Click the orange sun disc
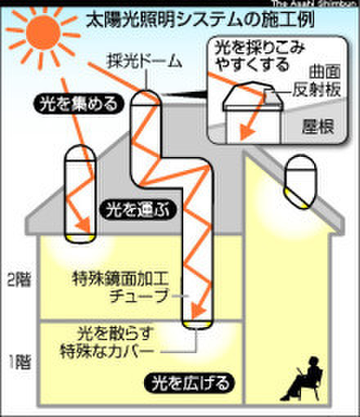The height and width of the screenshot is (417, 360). pyautogui.click(x=43, y=33)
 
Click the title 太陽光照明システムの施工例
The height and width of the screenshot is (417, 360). pyautogui.click(x=200, y=20)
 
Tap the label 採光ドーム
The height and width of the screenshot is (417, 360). pyautogui.click(x=145, y=61)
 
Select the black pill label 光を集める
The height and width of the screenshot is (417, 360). pyautogui.click(x=79, y=104)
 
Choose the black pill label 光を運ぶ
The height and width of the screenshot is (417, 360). pyautogui.click(x=138, y=210)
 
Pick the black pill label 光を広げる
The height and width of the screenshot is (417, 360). pyautogui.click(x=190, y=383)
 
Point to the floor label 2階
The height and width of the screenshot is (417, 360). pyautogui.click(x=19, y=280)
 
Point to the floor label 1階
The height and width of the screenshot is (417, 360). pyautogui.click(x=19, y=361)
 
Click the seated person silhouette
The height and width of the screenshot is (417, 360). pyautogui.click(x=301, y=379)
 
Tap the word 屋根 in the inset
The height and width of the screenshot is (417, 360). pyautogui.click(x=318, y=126)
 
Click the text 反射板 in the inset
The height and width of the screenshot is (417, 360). pyautogui.click(x=317, y=89)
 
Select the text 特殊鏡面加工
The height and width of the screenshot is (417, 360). pyautogui.click(x=120, y=279)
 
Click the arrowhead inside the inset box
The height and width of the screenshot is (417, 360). pyautogui.click(x=247, y=132)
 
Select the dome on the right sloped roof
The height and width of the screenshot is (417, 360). pyautogui.click(x=300, y=182)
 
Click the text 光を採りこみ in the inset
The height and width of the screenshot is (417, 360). pyautogui.click(x=259, y=47)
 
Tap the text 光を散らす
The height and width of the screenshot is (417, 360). pyautogui.click(x=115, y=333)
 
